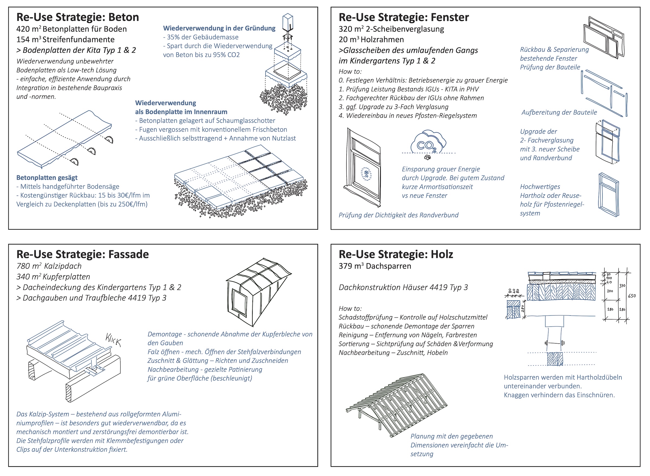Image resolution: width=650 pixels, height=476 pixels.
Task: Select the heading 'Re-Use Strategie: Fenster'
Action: coord(404,17)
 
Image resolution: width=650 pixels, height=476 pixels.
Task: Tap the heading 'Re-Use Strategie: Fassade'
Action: coord(83,254)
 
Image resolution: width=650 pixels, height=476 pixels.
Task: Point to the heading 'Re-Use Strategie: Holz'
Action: coord(396,254)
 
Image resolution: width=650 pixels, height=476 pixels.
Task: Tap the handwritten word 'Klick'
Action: coord(113,340)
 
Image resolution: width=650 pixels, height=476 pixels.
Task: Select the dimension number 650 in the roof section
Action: coord(632,296)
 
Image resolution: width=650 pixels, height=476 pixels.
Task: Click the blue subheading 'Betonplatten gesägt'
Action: coord(47,178)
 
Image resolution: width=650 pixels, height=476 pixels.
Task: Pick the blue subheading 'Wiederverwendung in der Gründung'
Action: coord(219,28)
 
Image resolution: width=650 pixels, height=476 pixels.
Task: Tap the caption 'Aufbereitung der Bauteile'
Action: coord(559,112)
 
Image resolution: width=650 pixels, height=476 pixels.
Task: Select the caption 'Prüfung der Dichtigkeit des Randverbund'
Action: coord(398,215)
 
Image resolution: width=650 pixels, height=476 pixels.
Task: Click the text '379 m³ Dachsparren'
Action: coord(375,266)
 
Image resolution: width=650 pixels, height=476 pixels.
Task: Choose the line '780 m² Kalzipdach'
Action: coord(49,266)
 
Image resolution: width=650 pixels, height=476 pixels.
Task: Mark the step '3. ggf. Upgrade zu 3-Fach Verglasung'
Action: coord(394,107)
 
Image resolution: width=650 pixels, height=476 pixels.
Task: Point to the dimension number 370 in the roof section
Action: coord(622,286)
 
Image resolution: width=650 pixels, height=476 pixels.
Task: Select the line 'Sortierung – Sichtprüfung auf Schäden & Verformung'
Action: coord(416,344)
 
